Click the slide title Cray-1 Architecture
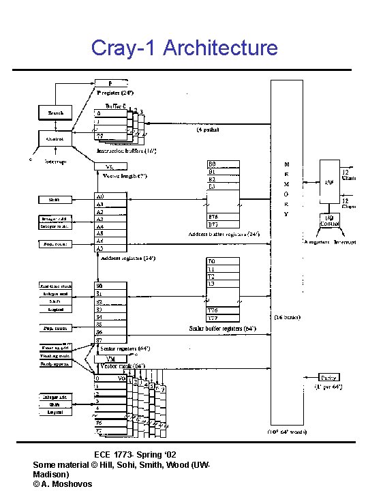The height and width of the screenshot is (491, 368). tap(184, 48)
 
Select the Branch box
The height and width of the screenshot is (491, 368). tap(56, 113)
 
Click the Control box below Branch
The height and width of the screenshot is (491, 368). tap(55, 138)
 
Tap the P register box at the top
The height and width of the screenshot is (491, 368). tap(110, 84)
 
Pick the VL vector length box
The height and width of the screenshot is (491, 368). tap(106, 166)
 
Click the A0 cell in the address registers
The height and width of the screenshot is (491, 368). tap(109, 196)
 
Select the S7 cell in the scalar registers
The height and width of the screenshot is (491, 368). tap(109, 340)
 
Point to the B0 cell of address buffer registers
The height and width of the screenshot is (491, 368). tap(223, 164)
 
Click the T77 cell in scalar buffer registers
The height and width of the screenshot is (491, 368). tap(223, 317)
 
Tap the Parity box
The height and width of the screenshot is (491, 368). tap(329, 377)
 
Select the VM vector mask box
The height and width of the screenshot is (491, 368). tap(113, 359)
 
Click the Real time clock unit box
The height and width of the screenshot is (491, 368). tap(56, 286)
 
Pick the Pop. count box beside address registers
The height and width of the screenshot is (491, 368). tap(56, 243)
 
